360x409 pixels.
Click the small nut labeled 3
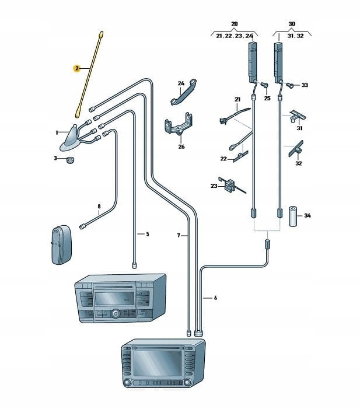coord(69,159)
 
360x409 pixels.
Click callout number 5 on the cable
coord(147,234)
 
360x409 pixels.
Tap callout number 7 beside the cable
coord(179,236)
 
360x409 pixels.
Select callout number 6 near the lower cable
coord(215,298)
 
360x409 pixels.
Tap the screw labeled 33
coord(290,85)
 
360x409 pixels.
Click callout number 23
coord(214,186)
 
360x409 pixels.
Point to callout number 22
coord(223,158)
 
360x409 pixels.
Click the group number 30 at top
coord(292,23)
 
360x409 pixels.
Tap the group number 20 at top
coord(235,23)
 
